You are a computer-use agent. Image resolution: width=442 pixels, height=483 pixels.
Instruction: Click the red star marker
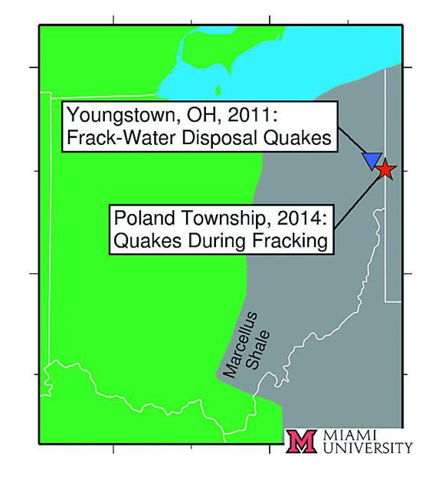click(x=385, y=169)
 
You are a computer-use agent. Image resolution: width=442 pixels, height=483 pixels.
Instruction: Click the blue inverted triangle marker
click(x=372, y=159)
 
